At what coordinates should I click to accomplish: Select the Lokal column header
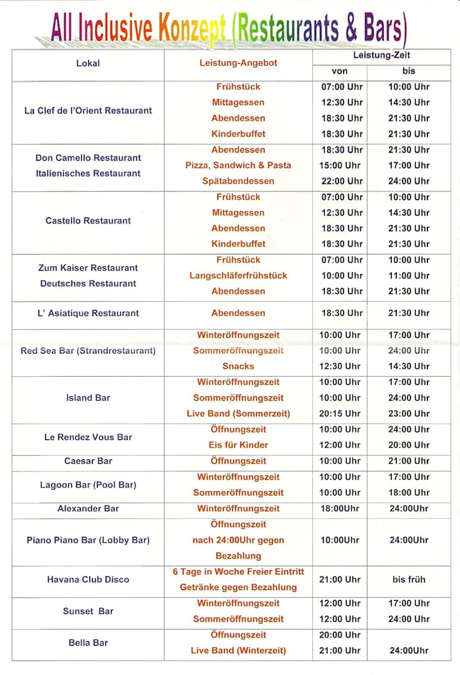88,63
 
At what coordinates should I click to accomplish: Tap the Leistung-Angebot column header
238,63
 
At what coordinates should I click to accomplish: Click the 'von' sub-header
339,71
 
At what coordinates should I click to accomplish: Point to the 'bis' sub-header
409,71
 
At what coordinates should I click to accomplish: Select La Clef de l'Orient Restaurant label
88,111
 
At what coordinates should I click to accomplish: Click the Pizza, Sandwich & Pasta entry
238,166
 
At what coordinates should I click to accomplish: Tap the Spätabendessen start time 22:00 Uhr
342,181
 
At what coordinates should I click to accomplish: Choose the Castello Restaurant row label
88,221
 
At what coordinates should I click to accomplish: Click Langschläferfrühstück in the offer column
238,276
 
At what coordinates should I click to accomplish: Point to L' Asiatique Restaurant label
88,313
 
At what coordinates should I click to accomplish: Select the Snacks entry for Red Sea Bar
238,366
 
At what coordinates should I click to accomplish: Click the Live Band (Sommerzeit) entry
238,414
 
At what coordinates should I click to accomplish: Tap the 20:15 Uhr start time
340,414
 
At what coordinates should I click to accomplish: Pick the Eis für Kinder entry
238,445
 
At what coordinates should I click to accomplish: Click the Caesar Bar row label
88,461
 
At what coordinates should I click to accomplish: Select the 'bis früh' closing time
409,579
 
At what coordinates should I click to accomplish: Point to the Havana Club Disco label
88,579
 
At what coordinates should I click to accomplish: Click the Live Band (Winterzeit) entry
238,651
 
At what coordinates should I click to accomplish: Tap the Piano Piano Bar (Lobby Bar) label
88,540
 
